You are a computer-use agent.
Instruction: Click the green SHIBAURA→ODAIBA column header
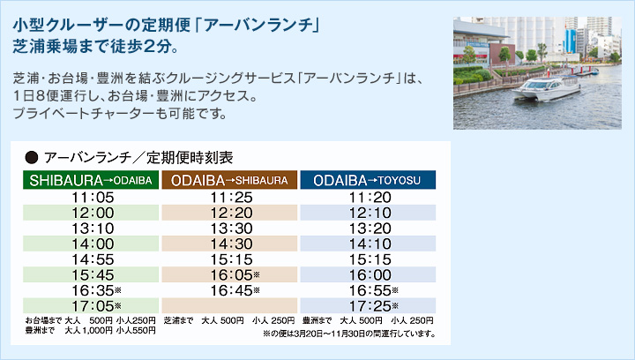(x=91, y=180)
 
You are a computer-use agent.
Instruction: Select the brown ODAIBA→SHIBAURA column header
(x=229, y=180)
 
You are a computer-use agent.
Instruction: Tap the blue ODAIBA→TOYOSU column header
(x=368, y=180)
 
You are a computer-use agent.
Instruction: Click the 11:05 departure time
(x=93, y=198)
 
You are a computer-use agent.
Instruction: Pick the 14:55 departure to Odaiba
(x=93, y=259)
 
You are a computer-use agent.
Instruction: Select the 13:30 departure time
(x=231, y=229)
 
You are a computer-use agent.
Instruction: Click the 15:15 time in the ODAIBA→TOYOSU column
(x=370, y=259)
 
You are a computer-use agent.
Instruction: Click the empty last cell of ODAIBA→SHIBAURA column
(x=229, y=306)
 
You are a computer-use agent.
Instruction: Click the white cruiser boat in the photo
(x=546, y=88)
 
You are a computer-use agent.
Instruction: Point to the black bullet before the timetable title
(x=31, y=157)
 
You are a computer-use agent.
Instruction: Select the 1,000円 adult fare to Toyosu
(x=97, y=330)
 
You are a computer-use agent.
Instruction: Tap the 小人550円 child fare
(x=136, y=330)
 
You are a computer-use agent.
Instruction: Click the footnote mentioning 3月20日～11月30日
(x=349, y=334)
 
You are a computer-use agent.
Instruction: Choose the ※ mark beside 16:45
(x=257, y=290)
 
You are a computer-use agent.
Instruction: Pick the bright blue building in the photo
(x=571, y=41)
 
